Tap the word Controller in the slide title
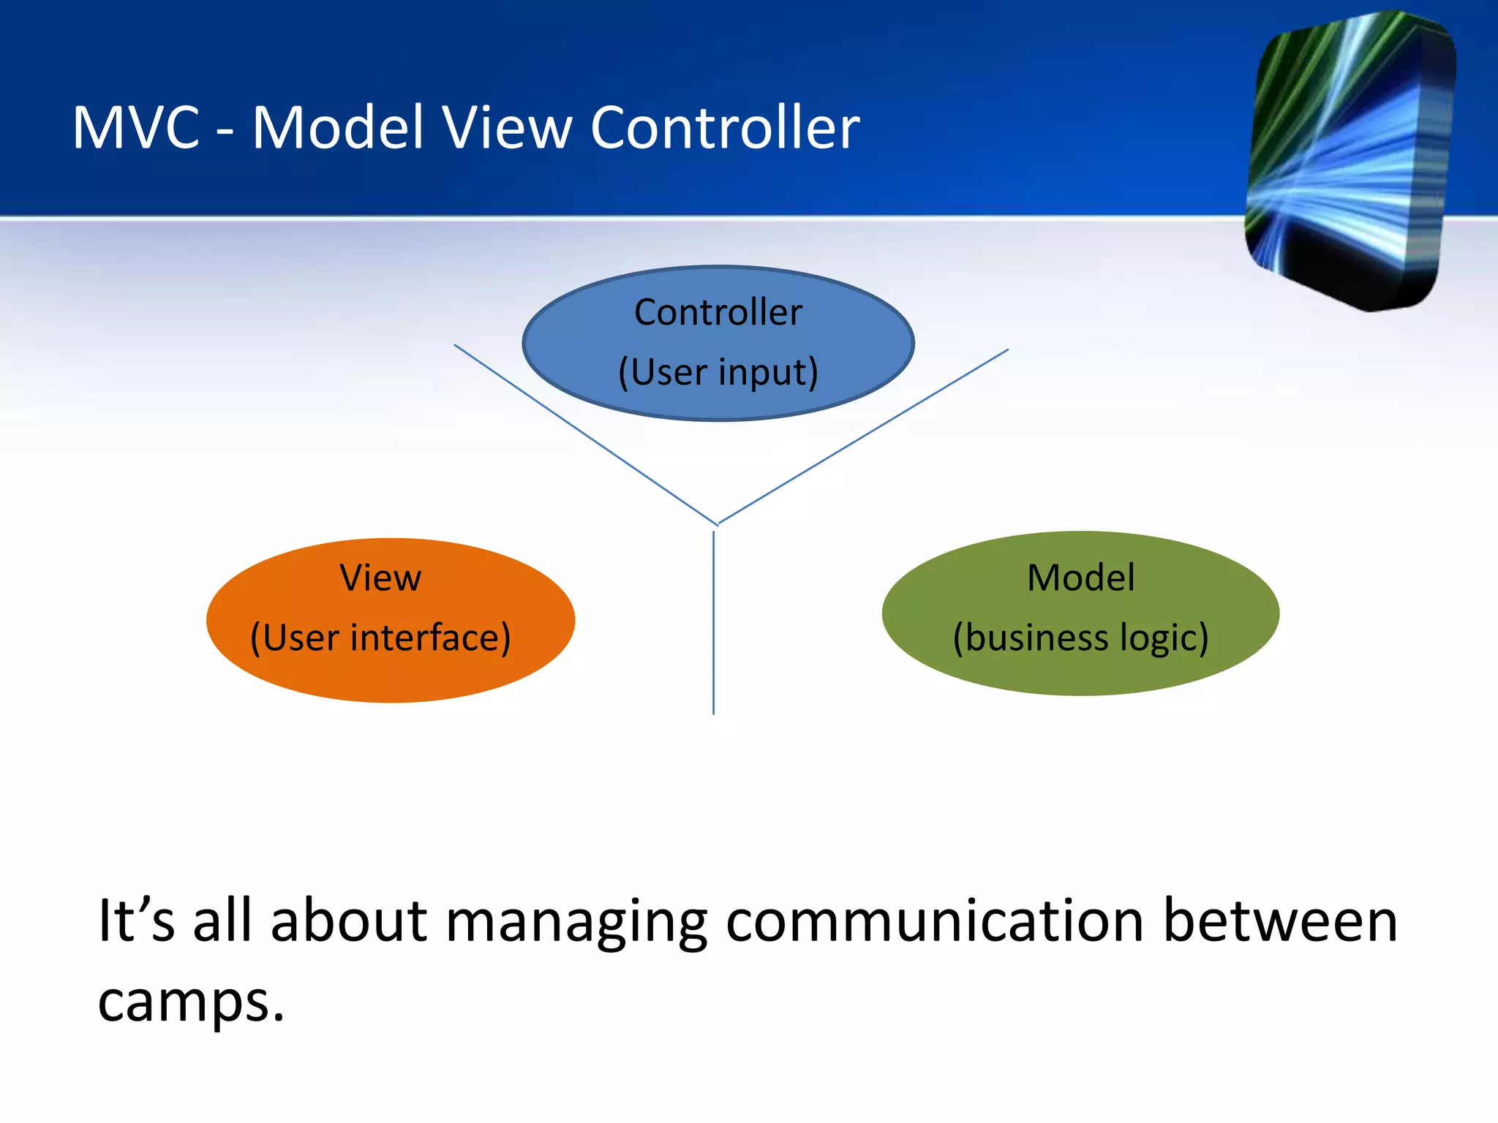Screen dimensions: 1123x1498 click(x=725, y=128)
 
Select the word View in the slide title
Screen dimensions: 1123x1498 click(x=506, y=128)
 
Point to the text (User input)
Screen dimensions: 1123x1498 click(x=718, y=372)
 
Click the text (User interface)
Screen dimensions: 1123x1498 click(x=380, y=638)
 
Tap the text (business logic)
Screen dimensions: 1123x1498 click(x=1080, y=638)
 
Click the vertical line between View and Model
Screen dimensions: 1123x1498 click(x=713, y=621)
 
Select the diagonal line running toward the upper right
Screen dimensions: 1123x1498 click(x=863, y=436)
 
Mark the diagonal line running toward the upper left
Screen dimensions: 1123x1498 click(x=585, y=434)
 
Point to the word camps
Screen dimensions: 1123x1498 click(x=190, y=1002)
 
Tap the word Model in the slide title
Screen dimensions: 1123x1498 click(x=338, y=128)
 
